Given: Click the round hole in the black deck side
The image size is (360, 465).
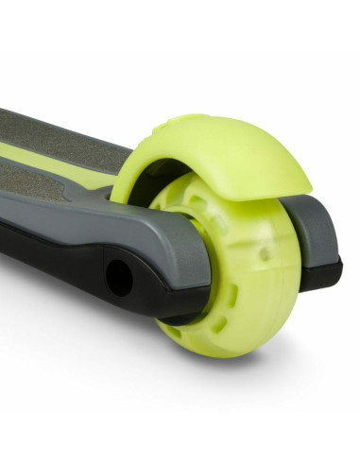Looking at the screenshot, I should pyautogui.click(x=120, y=277).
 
